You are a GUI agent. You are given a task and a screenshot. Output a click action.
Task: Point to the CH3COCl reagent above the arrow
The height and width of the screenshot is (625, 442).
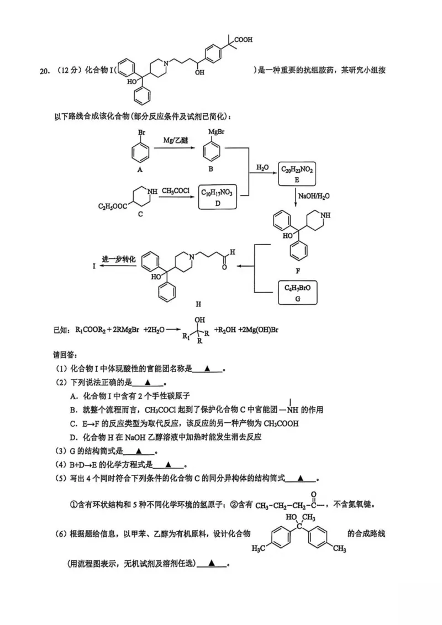tap(176, 191)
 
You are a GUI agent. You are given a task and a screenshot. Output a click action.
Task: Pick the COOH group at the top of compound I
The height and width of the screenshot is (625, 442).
tap(243, 39)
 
